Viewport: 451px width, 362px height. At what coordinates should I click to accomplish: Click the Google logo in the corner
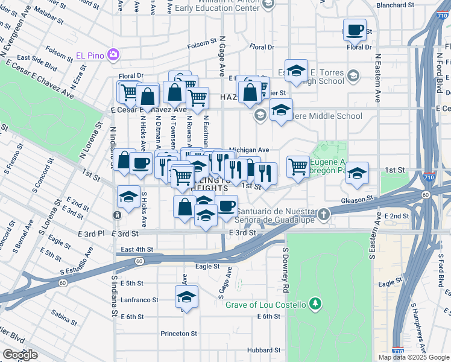[x=20, y=355]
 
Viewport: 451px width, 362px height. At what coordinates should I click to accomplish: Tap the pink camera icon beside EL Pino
[x=113, y=56]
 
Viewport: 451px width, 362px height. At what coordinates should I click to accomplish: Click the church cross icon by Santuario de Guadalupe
[x=324, y=214]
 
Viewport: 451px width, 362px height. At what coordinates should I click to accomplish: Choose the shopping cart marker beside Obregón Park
[x=298, y=167]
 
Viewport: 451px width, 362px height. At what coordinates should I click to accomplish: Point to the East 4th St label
[x=137, y=249]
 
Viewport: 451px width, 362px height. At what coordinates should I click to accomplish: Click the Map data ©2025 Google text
[x=414, y=357]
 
